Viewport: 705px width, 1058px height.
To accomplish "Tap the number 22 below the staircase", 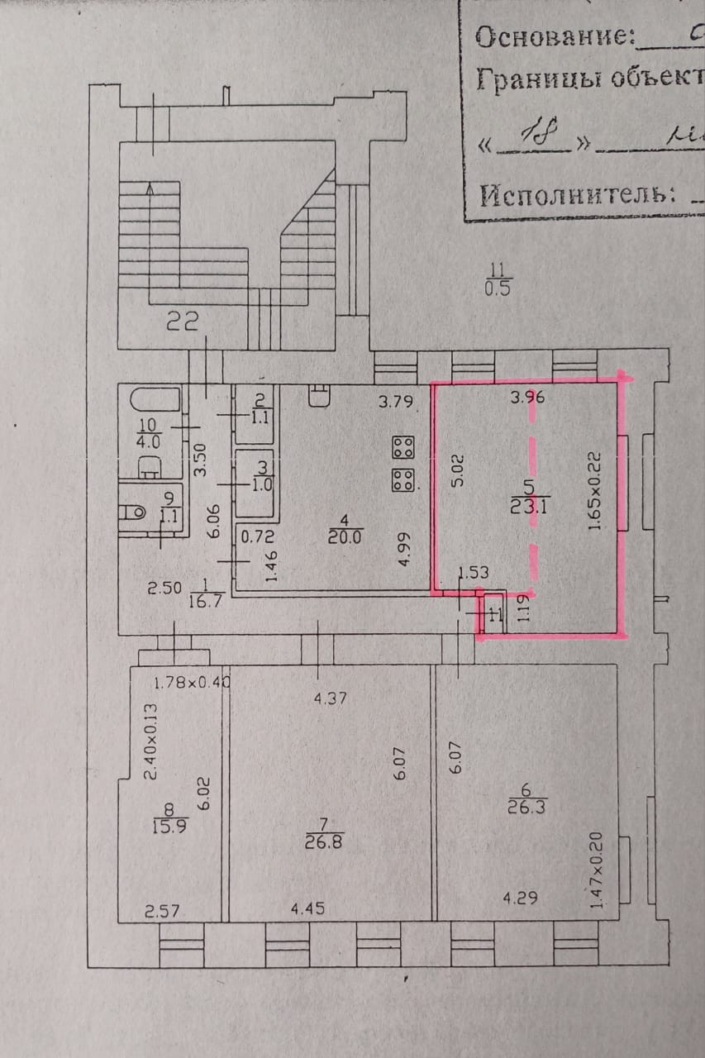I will [183, 322].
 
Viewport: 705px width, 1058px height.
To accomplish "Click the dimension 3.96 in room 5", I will [527, 397].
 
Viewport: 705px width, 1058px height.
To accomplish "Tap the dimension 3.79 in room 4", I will [395, 403].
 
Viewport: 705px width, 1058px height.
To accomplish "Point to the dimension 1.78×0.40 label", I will [191, 682].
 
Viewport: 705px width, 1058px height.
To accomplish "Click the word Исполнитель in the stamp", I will [572, 195].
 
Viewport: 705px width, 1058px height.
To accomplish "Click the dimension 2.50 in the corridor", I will [163, 589].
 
